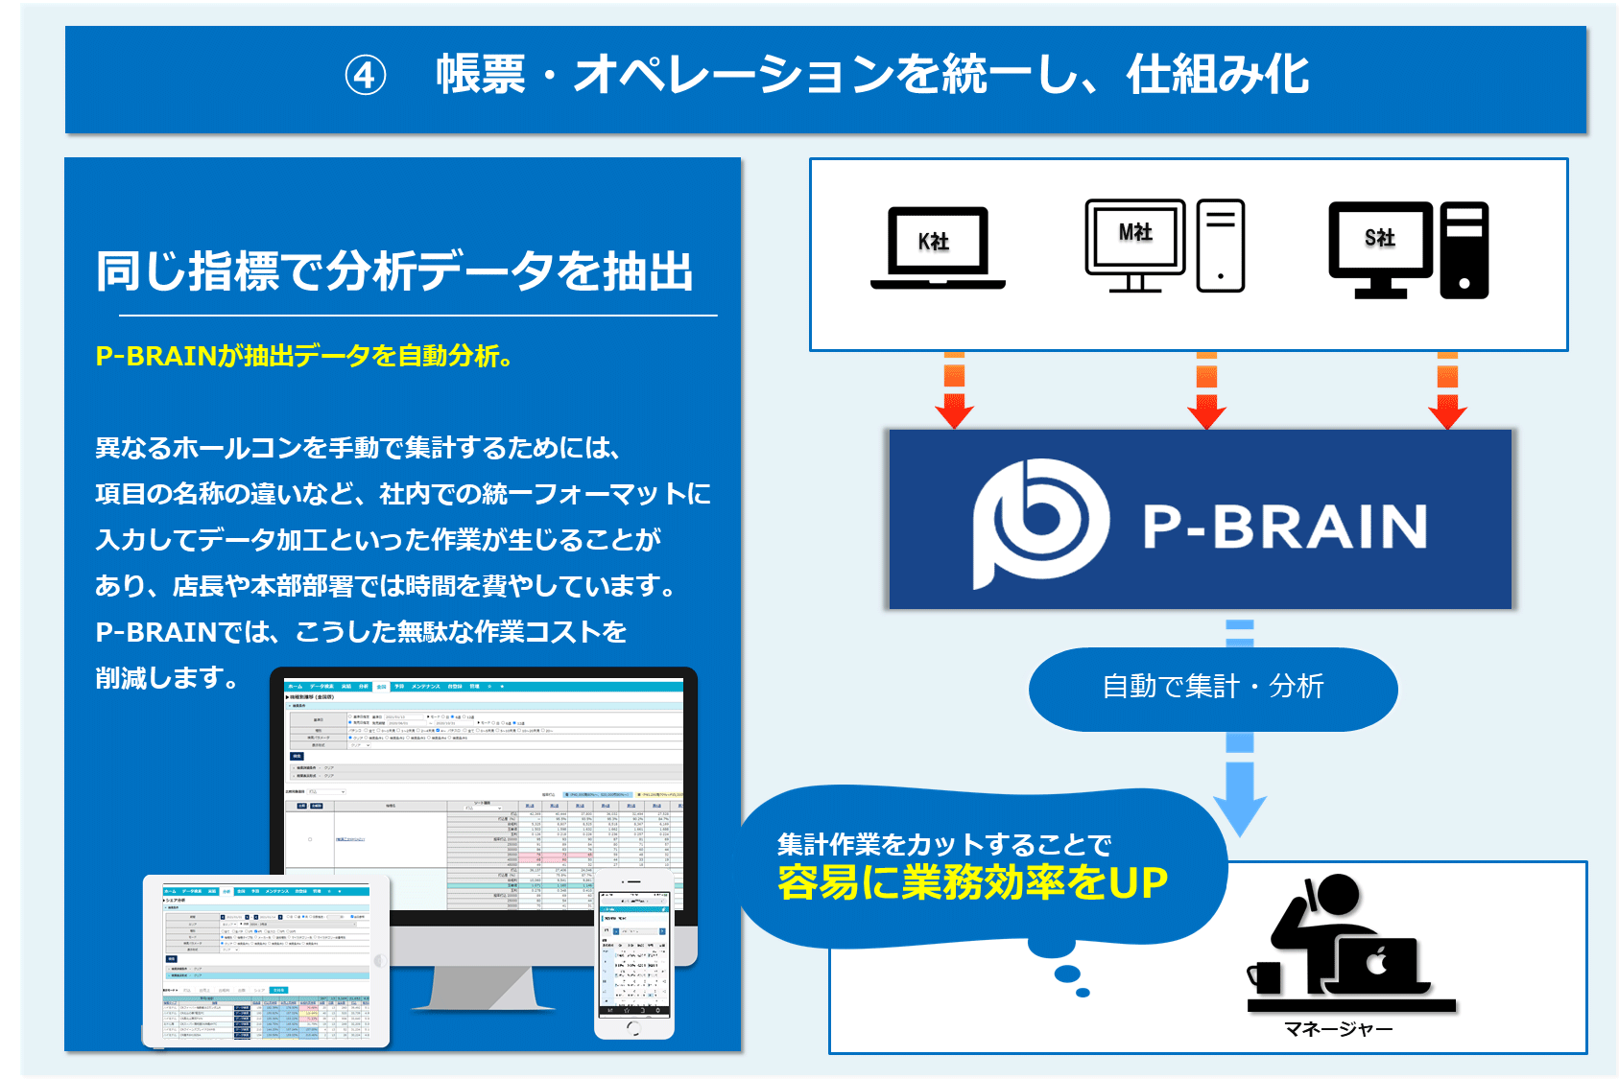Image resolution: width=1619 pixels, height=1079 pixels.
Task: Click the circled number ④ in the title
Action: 366,76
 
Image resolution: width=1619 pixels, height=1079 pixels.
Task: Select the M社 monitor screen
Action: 1135,234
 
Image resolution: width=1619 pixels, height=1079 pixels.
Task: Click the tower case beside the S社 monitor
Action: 1464,250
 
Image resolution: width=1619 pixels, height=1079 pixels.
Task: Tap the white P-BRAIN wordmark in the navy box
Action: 1284,527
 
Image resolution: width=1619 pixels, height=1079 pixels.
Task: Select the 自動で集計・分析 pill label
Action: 1213,687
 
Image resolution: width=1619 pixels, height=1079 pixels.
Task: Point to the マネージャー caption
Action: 1338,1029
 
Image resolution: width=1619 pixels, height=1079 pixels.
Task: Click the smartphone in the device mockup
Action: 633,955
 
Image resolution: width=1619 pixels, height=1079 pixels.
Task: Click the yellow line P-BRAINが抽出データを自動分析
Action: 303,356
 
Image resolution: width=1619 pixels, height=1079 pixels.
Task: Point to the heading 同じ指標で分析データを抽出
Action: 394,271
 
